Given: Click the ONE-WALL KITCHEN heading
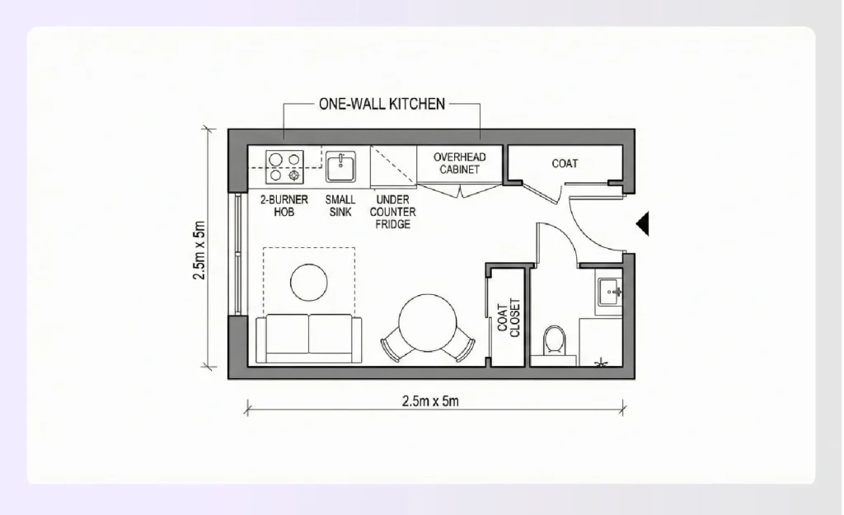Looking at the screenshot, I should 382,105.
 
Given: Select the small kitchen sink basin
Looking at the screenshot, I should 340,167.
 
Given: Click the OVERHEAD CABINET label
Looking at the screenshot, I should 459,163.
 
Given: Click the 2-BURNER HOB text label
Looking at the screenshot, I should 284,205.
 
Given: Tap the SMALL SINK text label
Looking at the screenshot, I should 340,205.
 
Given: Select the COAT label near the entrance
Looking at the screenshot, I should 565,164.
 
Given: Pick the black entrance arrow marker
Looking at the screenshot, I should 643,222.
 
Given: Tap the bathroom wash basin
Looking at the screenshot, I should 611,290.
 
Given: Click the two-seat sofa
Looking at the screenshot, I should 309,339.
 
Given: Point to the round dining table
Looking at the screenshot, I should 427,321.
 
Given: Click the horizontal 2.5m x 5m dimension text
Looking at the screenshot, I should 430,402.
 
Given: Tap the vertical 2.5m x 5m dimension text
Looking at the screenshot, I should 199,250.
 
